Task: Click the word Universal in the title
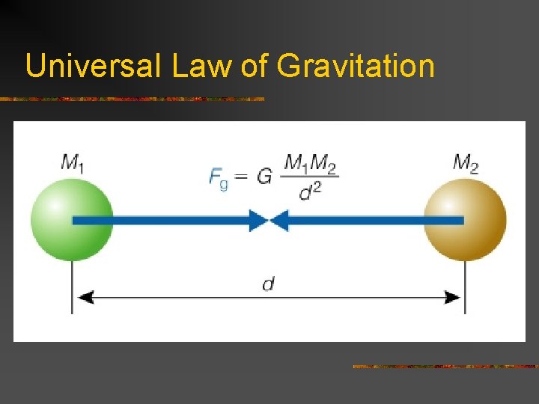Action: click(x=92, y=66)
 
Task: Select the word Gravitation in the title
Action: click(x=356, y=66)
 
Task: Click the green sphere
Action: click(x=72, y=219)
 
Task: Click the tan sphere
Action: click(x=465, y=219)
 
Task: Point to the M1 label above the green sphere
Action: click(x=72, y=162)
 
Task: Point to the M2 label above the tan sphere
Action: click(x=466, y=162)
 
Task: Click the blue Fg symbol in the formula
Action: click(x=219, y=178)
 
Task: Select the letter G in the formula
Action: click(x=264, y=177)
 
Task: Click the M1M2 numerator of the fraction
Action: click(x=311, y=162)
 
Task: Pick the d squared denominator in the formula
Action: click(x=310, y=192)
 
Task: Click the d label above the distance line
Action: click(x=268, y=284)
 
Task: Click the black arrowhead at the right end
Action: click(x=452, y=297)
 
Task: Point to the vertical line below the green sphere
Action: click(x=73, y=288)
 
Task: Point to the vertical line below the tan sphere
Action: click(x=466, y=288)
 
